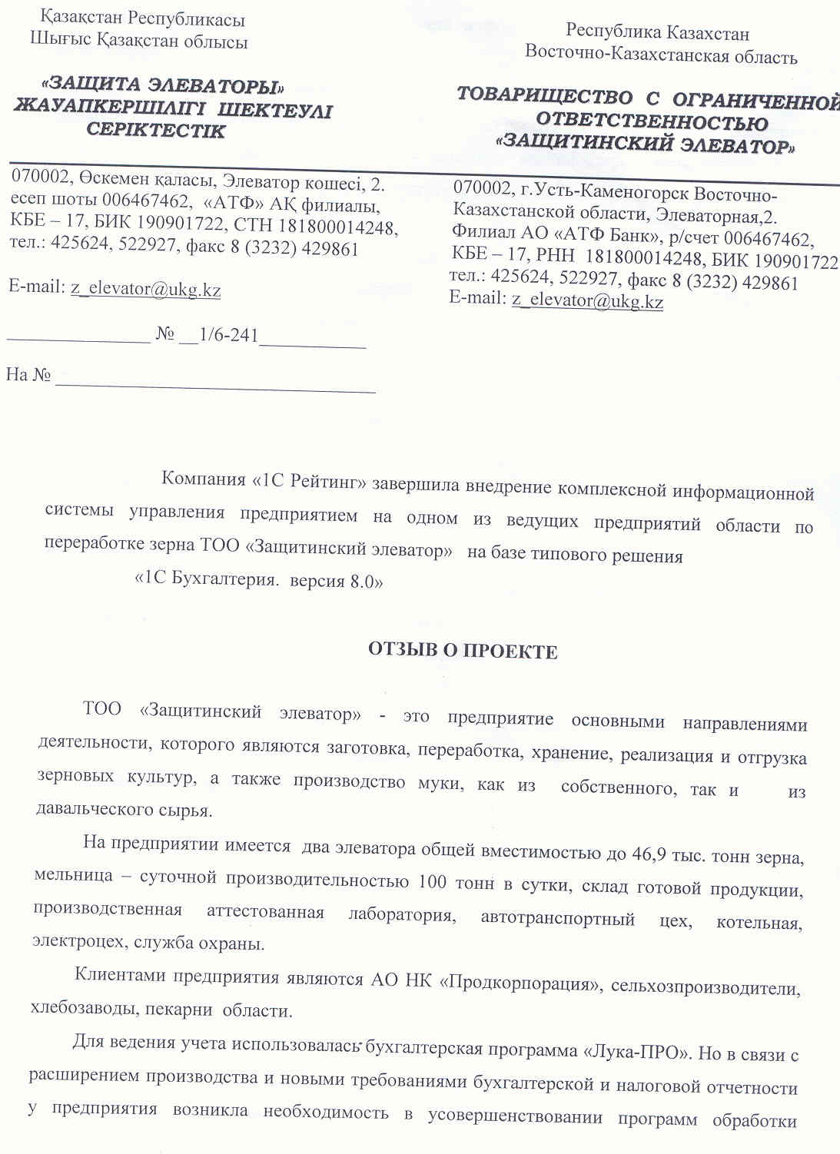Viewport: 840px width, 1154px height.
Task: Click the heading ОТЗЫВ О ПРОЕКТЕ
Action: tap(463, 652)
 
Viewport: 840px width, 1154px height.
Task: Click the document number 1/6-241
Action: tap(228, 335)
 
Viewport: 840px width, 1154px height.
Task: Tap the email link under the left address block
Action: tap(146, 289)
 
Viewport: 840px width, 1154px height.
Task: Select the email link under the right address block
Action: tap(587, 300)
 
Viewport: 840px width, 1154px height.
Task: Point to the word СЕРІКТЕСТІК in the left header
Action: tap(156, 130)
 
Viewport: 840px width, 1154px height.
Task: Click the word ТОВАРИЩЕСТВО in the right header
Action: tap(544, 95)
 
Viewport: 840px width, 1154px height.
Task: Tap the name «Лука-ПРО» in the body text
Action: tap(636, 1052)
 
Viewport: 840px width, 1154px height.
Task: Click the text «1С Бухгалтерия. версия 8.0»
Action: tap(259, 581)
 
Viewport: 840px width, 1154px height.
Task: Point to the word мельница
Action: tap(74, 875)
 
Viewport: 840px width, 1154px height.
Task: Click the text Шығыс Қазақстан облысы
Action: tap(139, 41)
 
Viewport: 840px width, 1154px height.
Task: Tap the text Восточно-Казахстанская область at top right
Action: tap(661, 55)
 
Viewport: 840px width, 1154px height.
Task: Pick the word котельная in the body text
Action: tap(759, 923)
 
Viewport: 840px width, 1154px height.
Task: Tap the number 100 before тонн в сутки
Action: tap(432, 881)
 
